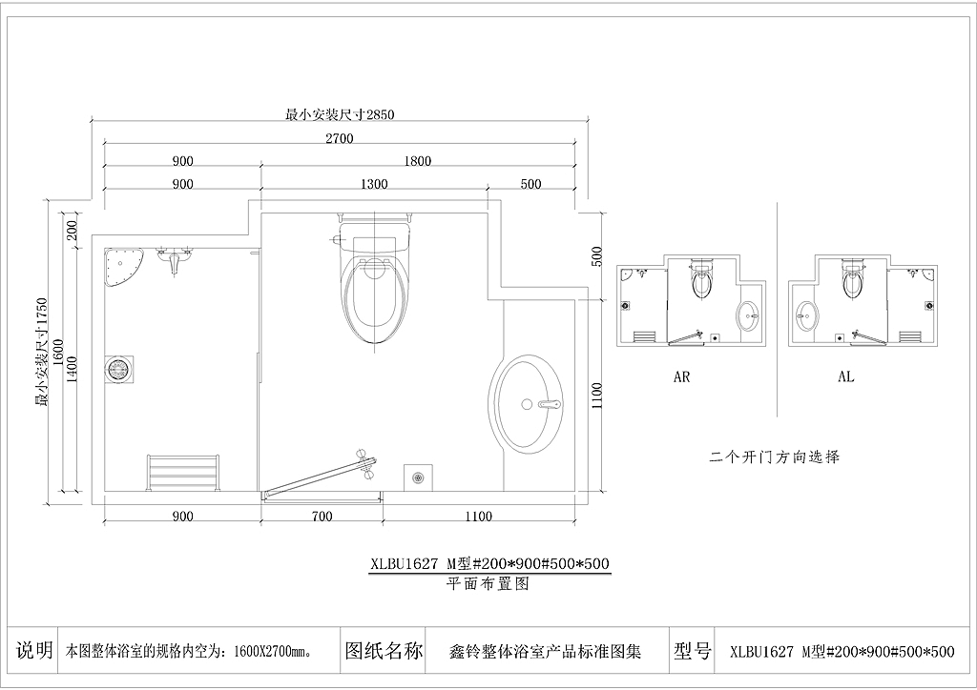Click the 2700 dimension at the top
339,137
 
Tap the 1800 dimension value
418,160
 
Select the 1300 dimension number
374,184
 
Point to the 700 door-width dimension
322,516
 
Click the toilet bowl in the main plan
374,281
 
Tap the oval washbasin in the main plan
526,404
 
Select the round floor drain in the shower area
117,369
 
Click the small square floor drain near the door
418,477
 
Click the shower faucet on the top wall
174,259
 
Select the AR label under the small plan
681,376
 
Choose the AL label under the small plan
845,376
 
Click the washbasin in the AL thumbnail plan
806,317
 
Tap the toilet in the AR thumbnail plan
701,278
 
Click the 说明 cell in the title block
34,650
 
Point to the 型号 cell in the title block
693,651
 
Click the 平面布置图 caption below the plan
488,583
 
